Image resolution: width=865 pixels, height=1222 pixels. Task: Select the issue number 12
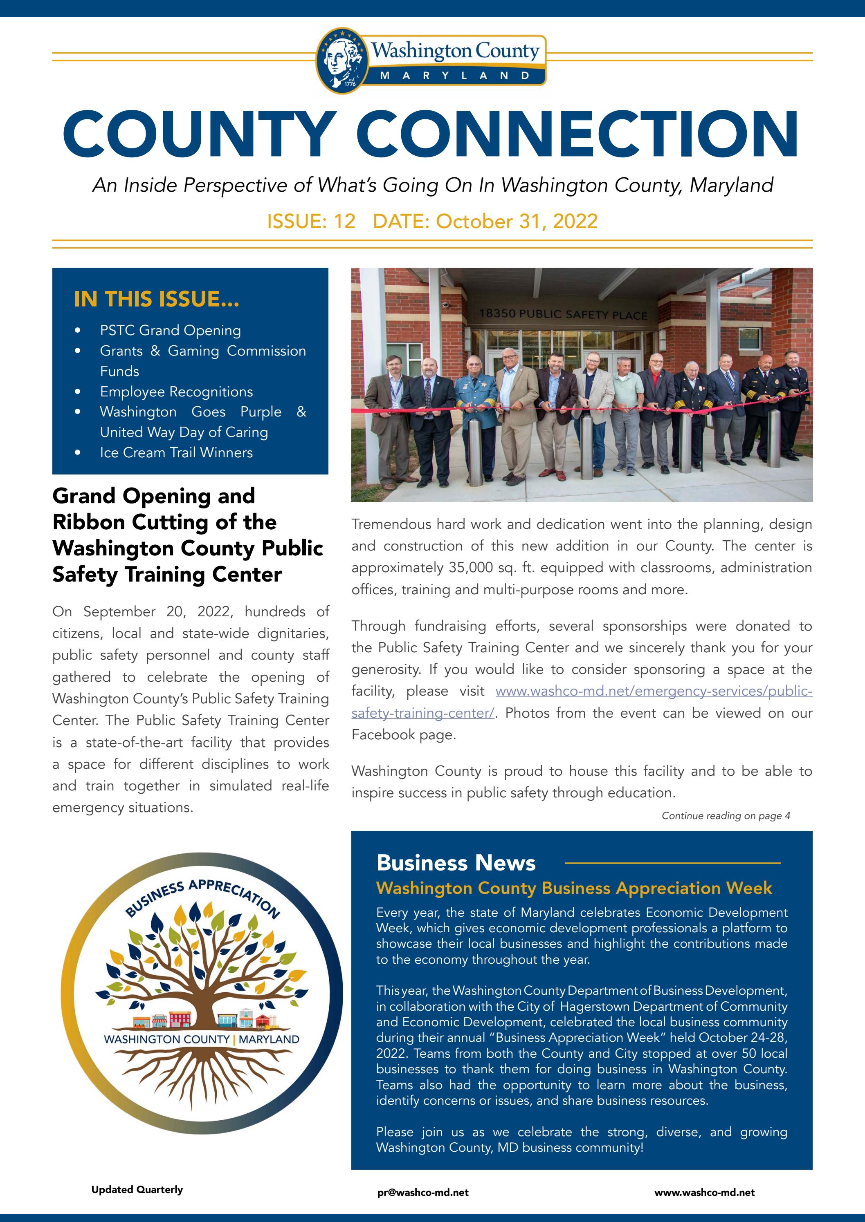coord(344,221)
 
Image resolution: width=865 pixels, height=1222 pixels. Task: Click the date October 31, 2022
coord(516,221)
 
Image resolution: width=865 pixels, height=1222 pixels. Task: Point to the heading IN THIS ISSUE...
coord(157,299)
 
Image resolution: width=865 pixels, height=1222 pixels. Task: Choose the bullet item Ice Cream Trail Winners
coord(176,452)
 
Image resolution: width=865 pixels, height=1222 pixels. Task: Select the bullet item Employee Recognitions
coord(176,392)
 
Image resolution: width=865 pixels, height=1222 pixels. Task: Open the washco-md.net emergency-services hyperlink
coord(653,692)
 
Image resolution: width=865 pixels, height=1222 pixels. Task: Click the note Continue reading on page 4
coord(726,816)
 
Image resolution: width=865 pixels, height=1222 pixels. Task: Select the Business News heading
coord(456,863)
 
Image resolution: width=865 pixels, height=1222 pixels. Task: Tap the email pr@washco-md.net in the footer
coord(423,1193)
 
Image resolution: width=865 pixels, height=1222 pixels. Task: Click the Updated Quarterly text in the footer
coord(137,1190)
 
